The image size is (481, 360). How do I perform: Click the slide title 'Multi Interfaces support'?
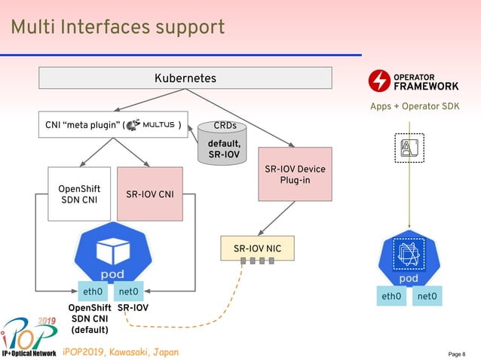(118, 28)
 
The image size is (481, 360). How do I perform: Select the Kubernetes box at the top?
(185, 78)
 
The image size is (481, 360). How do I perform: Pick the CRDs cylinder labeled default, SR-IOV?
(225, 142)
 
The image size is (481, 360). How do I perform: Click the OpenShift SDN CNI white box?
(79, 194)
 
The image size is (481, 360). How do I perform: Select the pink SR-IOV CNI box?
(150, 194)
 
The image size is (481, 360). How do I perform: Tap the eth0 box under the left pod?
(93, 291)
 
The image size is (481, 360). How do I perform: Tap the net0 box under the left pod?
(129, 291)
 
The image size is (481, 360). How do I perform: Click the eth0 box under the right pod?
(391, 297)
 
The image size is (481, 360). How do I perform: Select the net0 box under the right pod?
(427, 297)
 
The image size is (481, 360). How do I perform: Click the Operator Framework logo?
(413, 80)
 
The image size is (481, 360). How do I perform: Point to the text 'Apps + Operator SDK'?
(414, 106)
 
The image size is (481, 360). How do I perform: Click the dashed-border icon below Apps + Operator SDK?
(409, 147)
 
